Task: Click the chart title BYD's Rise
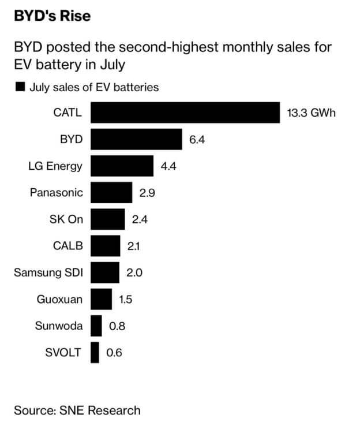click(52, 16)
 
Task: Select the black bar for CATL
click(185, 113)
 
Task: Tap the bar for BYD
click(136, 139)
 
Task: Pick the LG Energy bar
click(122, 166)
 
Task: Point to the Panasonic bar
click(111, 193)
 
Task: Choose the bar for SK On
click(108, 219)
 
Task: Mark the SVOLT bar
click(95, 353)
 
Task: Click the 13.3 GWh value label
click(310, 113)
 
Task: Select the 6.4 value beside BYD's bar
click(197, 140)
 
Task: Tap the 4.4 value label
click(168, 166)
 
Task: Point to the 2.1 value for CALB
click(134, 247)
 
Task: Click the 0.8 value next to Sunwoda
click(117, 326)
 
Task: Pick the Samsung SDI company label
click(48, 273)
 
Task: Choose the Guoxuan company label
click(59, 300)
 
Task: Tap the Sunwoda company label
click(58, 326)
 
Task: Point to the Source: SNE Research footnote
click(77, 410)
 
